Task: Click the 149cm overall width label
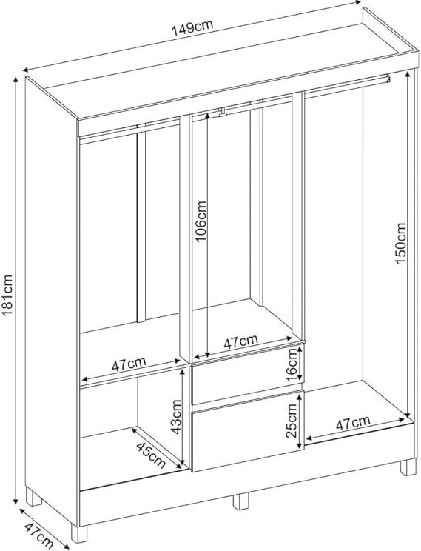tap(192, 27)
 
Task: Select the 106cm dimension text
tap(201, 221)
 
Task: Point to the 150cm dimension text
tap(400, 243)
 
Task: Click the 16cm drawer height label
tap(292, 365)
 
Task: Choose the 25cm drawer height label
tap(292, 421)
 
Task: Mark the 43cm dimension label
tap(175, 416)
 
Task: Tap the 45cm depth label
tap(151, 455)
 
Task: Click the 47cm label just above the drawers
tap(241, 341)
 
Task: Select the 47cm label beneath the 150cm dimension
tap(353, 423)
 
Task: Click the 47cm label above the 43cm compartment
tap(129, 364)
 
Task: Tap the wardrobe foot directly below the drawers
tap(241, 501)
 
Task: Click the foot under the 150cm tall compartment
tap(408, 467)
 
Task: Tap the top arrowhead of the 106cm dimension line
tap(207, 116)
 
